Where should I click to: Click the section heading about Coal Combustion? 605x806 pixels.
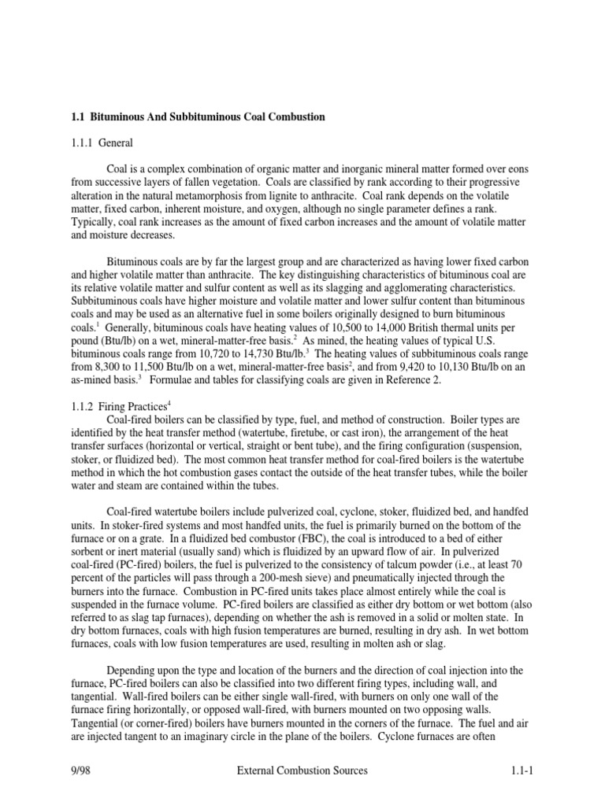click(198, 116)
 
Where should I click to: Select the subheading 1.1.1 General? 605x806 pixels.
click(102, 143)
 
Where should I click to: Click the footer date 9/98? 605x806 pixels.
click(82, 771)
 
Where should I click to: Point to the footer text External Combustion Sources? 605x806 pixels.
click(302, 771)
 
